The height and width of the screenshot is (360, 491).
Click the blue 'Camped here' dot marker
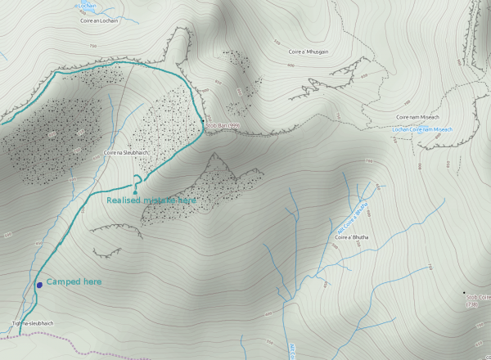39,285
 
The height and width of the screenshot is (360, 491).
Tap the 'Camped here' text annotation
74,281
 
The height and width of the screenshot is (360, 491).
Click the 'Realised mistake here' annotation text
152,200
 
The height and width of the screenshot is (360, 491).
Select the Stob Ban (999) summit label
222,125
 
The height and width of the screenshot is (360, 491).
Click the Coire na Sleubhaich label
127,153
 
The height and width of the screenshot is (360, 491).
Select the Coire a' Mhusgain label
307,52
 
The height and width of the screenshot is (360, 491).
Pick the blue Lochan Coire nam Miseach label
422,129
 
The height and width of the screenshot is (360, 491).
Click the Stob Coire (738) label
478,299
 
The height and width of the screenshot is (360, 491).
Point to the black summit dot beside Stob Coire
464,294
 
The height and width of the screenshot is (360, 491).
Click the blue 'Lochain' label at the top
87,5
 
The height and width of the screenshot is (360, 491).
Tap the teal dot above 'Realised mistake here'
135,193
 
